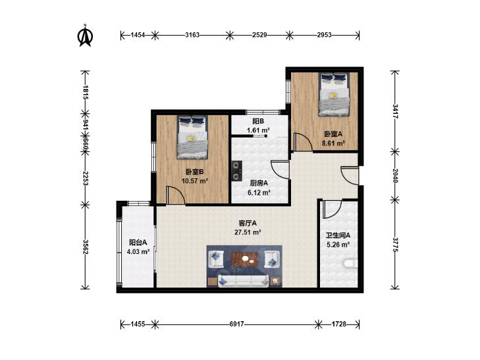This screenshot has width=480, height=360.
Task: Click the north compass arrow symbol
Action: tap(86, 37)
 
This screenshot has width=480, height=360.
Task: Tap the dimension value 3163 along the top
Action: tap(192, 35)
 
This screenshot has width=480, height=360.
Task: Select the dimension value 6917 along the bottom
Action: tap(236, 324)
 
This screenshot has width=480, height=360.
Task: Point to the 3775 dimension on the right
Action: tap(395, 245)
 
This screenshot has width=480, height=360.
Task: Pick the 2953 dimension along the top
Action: tap(324, 35)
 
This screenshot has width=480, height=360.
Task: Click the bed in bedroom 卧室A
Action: tap(334, 94)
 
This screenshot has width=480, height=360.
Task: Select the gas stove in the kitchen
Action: tap(236, 171)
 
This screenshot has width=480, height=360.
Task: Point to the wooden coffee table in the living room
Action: tap(244, 259)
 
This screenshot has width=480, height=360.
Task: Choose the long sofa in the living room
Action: tap(244, 281)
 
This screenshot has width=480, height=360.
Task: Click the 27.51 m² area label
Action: tap(248, 232)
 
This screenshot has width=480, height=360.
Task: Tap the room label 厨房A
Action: tap(259, 183)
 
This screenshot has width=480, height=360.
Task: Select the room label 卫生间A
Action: tap(338, 236)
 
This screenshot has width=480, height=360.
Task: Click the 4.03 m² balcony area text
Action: tap(138, 251)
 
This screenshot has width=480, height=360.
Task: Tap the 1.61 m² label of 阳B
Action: tap(258, 130)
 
